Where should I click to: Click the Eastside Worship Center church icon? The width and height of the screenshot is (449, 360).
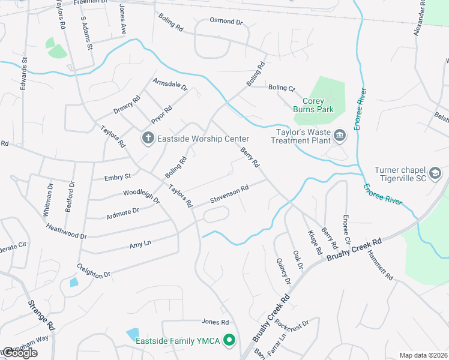pyautogui.click(x=148, y=139)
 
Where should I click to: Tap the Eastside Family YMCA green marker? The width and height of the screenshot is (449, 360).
pyautogui.click(x=229, y=341)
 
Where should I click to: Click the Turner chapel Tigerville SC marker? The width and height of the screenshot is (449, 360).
pyautogui.click(x=435, y=174)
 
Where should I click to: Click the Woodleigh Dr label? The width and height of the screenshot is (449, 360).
pyautogui.click(x=141, y=196)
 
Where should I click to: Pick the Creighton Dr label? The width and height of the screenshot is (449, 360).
pyautogui.click(x=94, y=270)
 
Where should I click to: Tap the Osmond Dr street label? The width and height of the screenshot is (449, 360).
pyautogui.click(x=226, y=22)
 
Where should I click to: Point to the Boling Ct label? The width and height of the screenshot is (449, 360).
pyautogui.click(x=282, y=88)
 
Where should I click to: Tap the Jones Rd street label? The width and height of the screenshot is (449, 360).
pyautogui.click(x=216, y=322)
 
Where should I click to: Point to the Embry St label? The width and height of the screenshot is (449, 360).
pyautogui.click(x=118, y=177)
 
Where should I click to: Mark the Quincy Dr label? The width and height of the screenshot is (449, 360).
pyautogui.click(x=284, y=272)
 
